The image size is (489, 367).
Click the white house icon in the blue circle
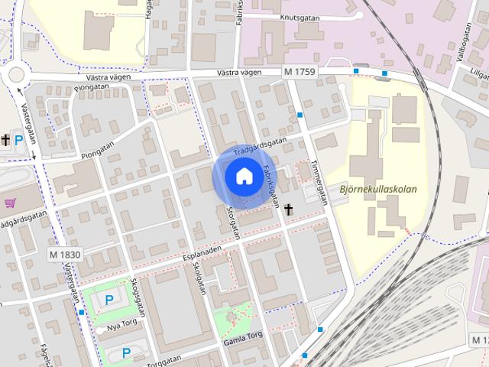pos(244,177)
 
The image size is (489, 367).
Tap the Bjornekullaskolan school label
pos(378,190)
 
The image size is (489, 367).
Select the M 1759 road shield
pos(299,72)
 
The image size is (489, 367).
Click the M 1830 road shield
pos(64,254)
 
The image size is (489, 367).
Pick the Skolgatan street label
pos(201,281)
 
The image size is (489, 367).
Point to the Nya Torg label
pos(126,326)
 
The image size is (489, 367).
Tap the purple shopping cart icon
pos(11,203)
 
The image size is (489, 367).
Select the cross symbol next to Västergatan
pos(5,140)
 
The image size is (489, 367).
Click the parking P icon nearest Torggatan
pos(126,352)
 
